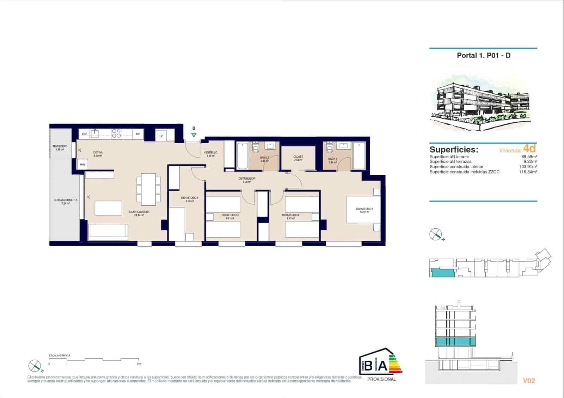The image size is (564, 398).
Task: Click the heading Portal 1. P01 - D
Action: tap(484, 55)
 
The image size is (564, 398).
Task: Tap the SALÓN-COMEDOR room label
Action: tap(139, 212)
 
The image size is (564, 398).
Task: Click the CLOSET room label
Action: tap(298, 157)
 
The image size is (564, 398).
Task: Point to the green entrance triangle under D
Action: tap(194, 135)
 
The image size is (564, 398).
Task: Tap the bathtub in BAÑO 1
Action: tap(359, 156)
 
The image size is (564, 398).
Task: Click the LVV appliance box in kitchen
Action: tap(84, 134)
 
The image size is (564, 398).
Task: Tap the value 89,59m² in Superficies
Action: tap(529, 157)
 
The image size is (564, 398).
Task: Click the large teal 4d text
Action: tap(529, 148)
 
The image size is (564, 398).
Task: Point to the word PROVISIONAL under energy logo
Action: tap(381, 379)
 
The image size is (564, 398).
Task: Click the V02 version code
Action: tap(529, 381)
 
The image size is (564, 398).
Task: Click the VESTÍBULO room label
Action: tap(211, 153)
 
